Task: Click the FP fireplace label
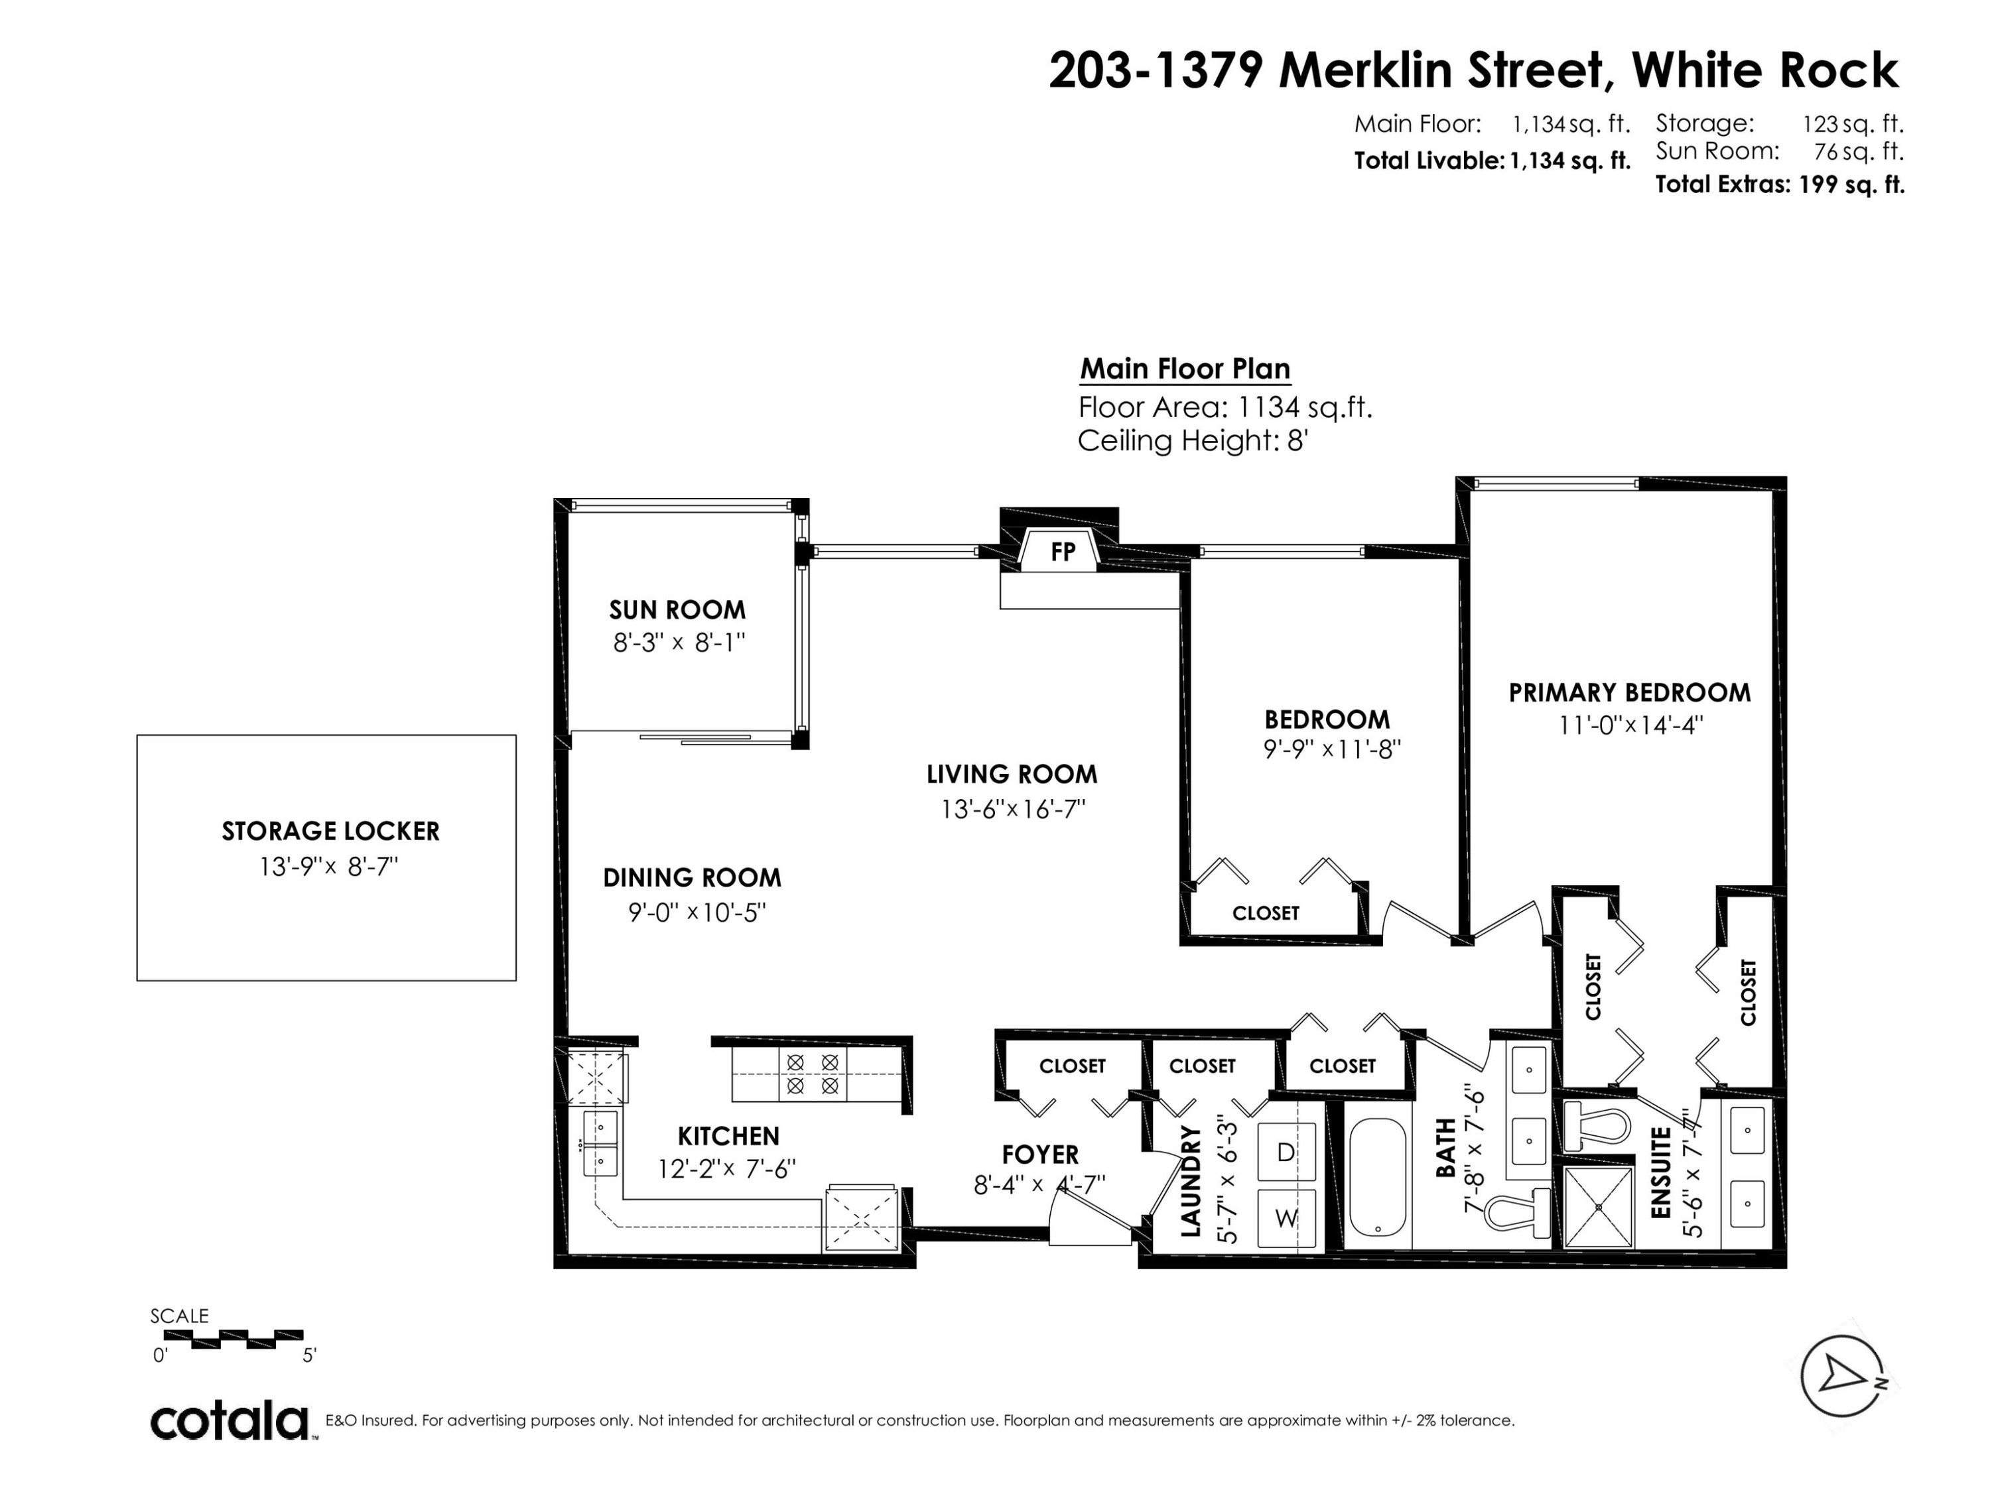[1063, 551]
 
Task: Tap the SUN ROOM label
[677, 610]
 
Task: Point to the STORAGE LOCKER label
[331, 831]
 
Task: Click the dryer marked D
[1286, 1152]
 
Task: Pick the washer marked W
[1286, 1217]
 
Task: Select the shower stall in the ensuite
[1598, 1207]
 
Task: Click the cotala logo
[230, 1421]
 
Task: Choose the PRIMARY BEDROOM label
[1629, 692]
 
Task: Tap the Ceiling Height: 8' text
[1192, 441]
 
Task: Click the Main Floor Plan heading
[1185, 369]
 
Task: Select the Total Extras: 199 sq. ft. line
[1780, 184]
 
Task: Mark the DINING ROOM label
[692, 878]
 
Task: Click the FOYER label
[1040, 1154]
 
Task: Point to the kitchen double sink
[601, 1143]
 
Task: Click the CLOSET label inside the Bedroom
[1266, 913]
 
